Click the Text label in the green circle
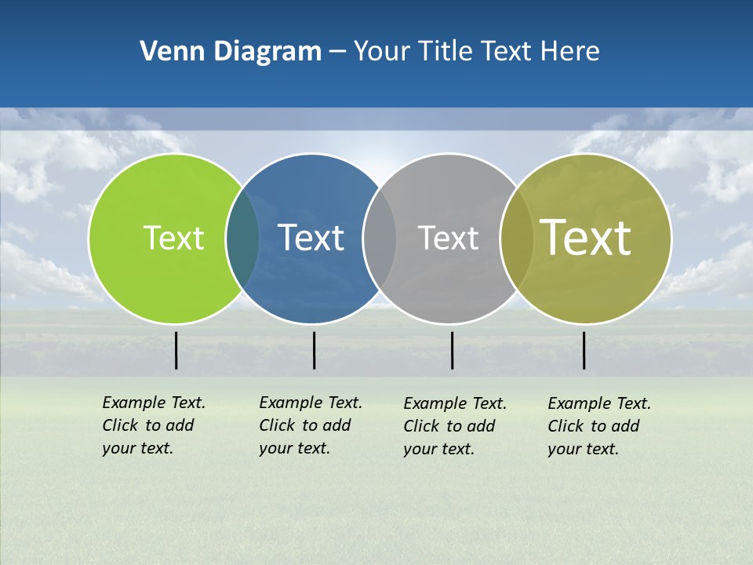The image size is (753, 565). point(173,238)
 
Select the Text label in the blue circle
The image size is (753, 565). point(311,238)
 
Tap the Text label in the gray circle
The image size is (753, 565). point(448,238)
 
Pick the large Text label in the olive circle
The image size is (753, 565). point(586,238)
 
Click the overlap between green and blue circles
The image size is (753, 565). point(242,239)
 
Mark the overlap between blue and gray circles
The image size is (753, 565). point(380,239)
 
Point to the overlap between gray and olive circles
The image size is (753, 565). point(516,239)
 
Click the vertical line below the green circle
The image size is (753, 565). point(176,350)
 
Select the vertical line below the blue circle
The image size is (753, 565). point(314,350)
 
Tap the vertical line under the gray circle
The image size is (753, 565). point(452,350)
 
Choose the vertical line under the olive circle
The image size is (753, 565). point(584,350)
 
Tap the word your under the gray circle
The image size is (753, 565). point(419,450)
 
